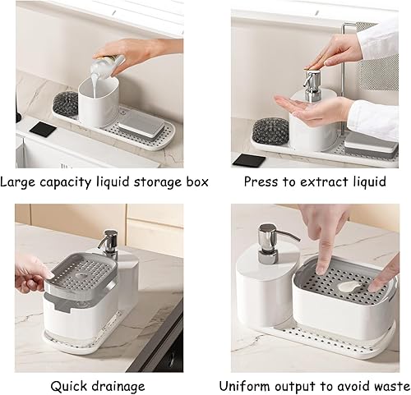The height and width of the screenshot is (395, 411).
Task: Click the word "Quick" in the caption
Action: pos(68,385)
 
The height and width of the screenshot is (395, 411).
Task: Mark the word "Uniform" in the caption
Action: pos(245,385)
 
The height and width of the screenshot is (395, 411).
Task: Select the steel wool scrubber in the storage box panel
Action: pos(66,103)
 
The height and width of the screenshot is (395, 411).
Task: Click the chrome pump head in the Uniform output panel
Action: pos(268,239)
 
